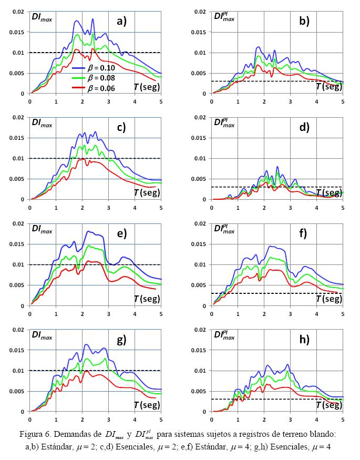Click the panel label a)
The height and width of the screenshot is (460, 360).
[x=122, y=21]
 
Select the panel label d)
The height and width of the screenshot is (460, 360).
[x=304, y=127]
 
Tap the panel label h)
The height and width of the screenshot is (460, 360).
[x=304, y=340]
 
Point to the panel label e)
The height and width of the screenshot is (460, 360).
[x=122, y=233]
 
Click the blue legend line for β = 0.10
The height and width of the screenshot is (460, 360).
[x=78, y=68]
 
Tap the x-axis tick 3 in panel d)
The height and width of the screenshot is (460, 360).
[x=290, y=207]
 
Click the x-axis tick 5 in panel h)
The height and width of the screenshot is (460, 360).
[x=343, y=419]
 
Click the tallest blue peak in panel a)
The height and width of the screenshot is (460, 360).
[x=93, y=19]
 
